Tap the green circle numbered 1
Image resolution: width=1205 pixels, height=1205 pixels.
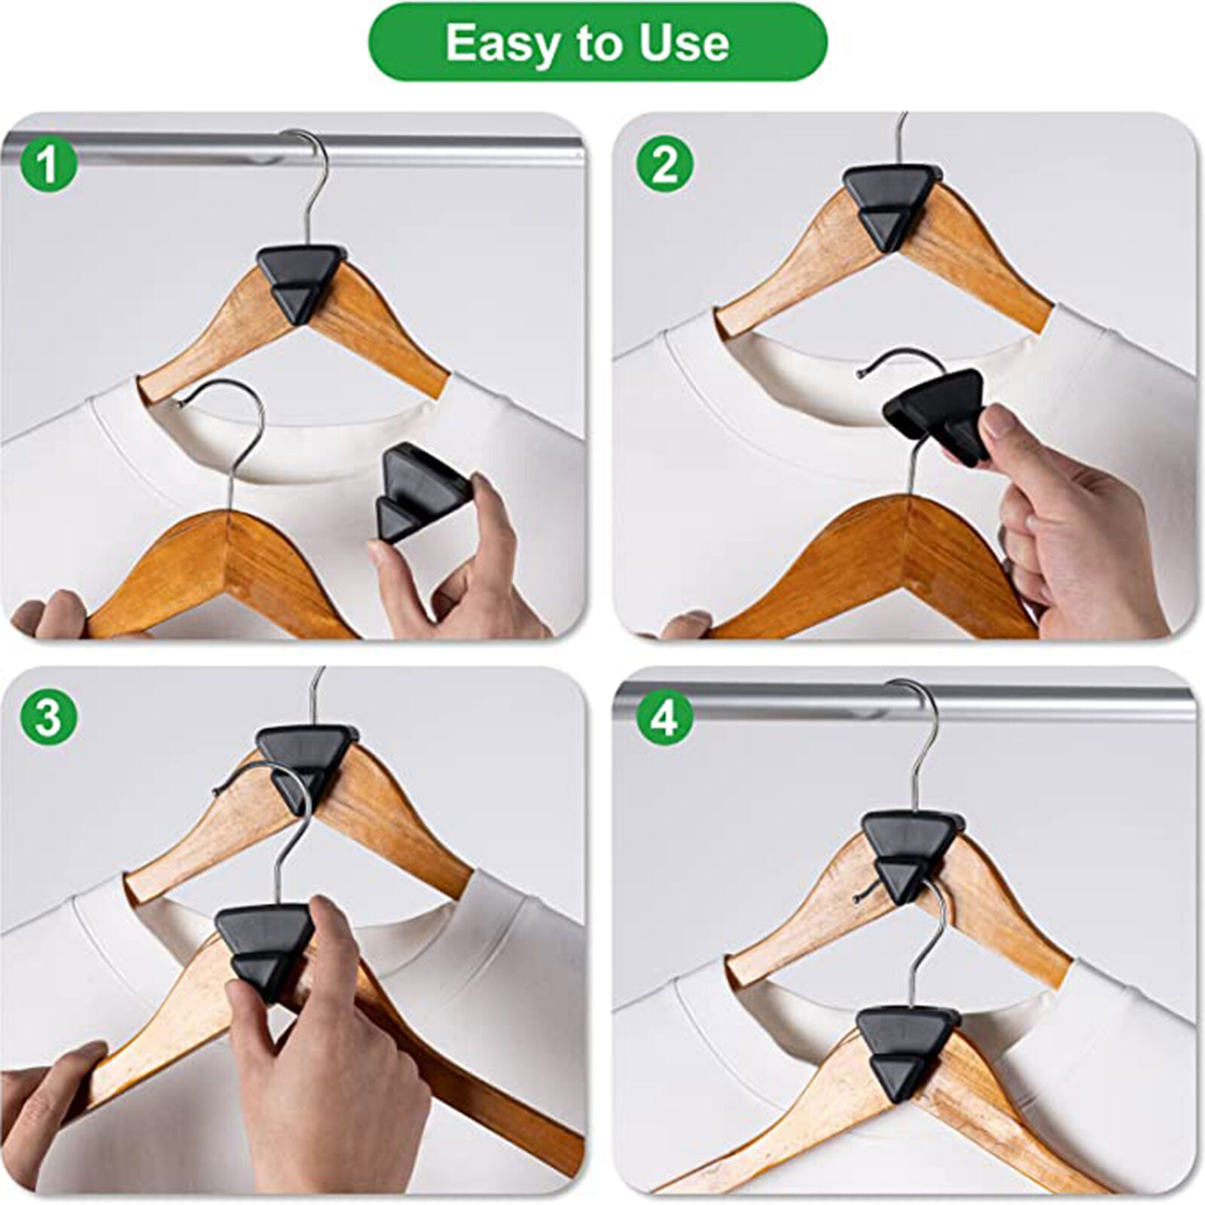tap(48, 164)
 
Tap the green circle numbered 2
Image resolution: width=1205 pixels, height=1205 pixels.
tap(664, 164)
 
